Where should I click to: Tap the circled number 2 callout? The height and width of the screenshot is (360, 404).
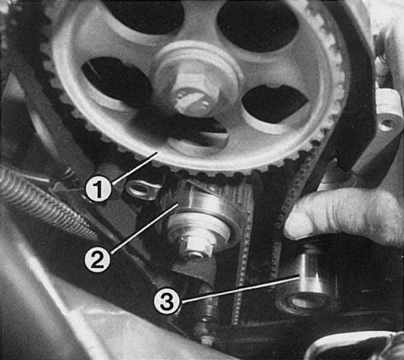(x=97, y=260)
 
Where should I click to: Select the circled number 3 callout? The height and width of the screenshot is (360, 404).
(x=167, y=301)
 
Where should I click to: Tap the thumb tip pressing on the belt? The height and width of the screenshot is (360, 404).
(x=297, y=224)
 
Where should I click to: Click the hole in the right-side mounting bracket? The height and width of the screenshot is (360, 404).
(x=384, y=126)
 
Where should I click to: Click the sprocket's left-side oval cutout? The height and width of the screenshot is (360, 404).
(x=116, y=82)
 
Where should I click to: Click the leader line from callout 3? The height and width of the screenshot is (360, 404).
(x=240, y=289)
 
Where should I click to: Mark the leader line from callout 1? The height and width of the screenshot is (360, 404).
(x=134, y=168)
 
